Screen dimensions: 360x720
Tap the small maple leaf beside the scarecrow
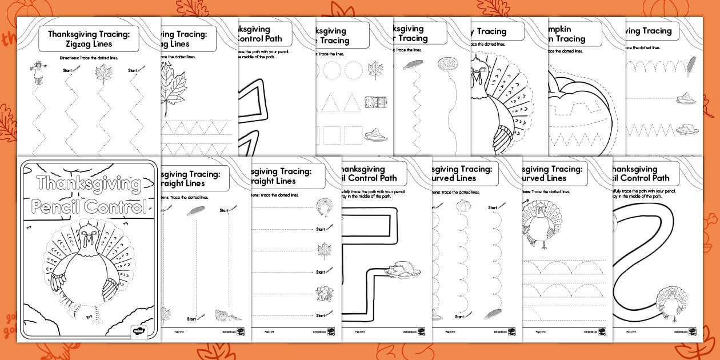coord(103,74)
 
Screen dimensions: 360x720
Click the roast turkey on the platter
coord(403,270)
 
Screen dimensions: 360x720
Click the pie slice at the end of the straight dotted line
coord(685,99)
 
